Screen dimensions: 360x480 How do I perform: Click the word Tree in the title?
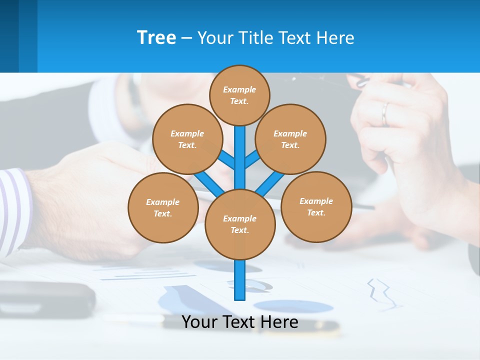tap(156, 38)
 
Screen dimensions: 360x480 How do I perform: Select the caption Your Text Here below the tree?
tap(240, 322)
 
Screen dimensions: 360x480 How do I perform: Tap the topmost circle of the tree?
tap(239, 95)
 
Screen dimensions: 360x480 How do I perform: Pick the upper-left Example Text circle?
tap(187, 139)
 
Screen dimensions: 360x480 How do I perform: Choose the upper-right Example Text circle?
tap(290, 139)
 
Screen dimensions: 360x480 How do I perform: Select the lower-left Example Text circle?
tap(163, 207)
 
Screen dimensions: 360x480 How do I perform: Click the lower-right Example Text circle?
tap(316, 206)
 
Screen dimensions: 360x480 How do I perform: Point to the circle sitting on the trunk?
tap(240, 224)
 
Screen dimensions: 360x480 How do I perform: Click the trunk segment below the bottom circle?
tap(240, 280)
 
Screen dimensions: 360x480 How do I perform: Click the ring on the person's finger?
tap(384, 114)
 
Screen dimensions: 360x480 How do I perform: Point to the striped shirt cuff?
tap(12, 210)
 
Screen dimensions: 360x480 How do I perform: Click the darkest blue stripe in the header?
tap(9, 36)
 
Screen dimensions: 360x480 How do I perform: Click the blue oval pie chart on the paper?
tap(293, 306)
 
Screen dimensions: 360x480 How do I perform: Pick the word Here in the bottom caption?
tap(280, 322)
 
